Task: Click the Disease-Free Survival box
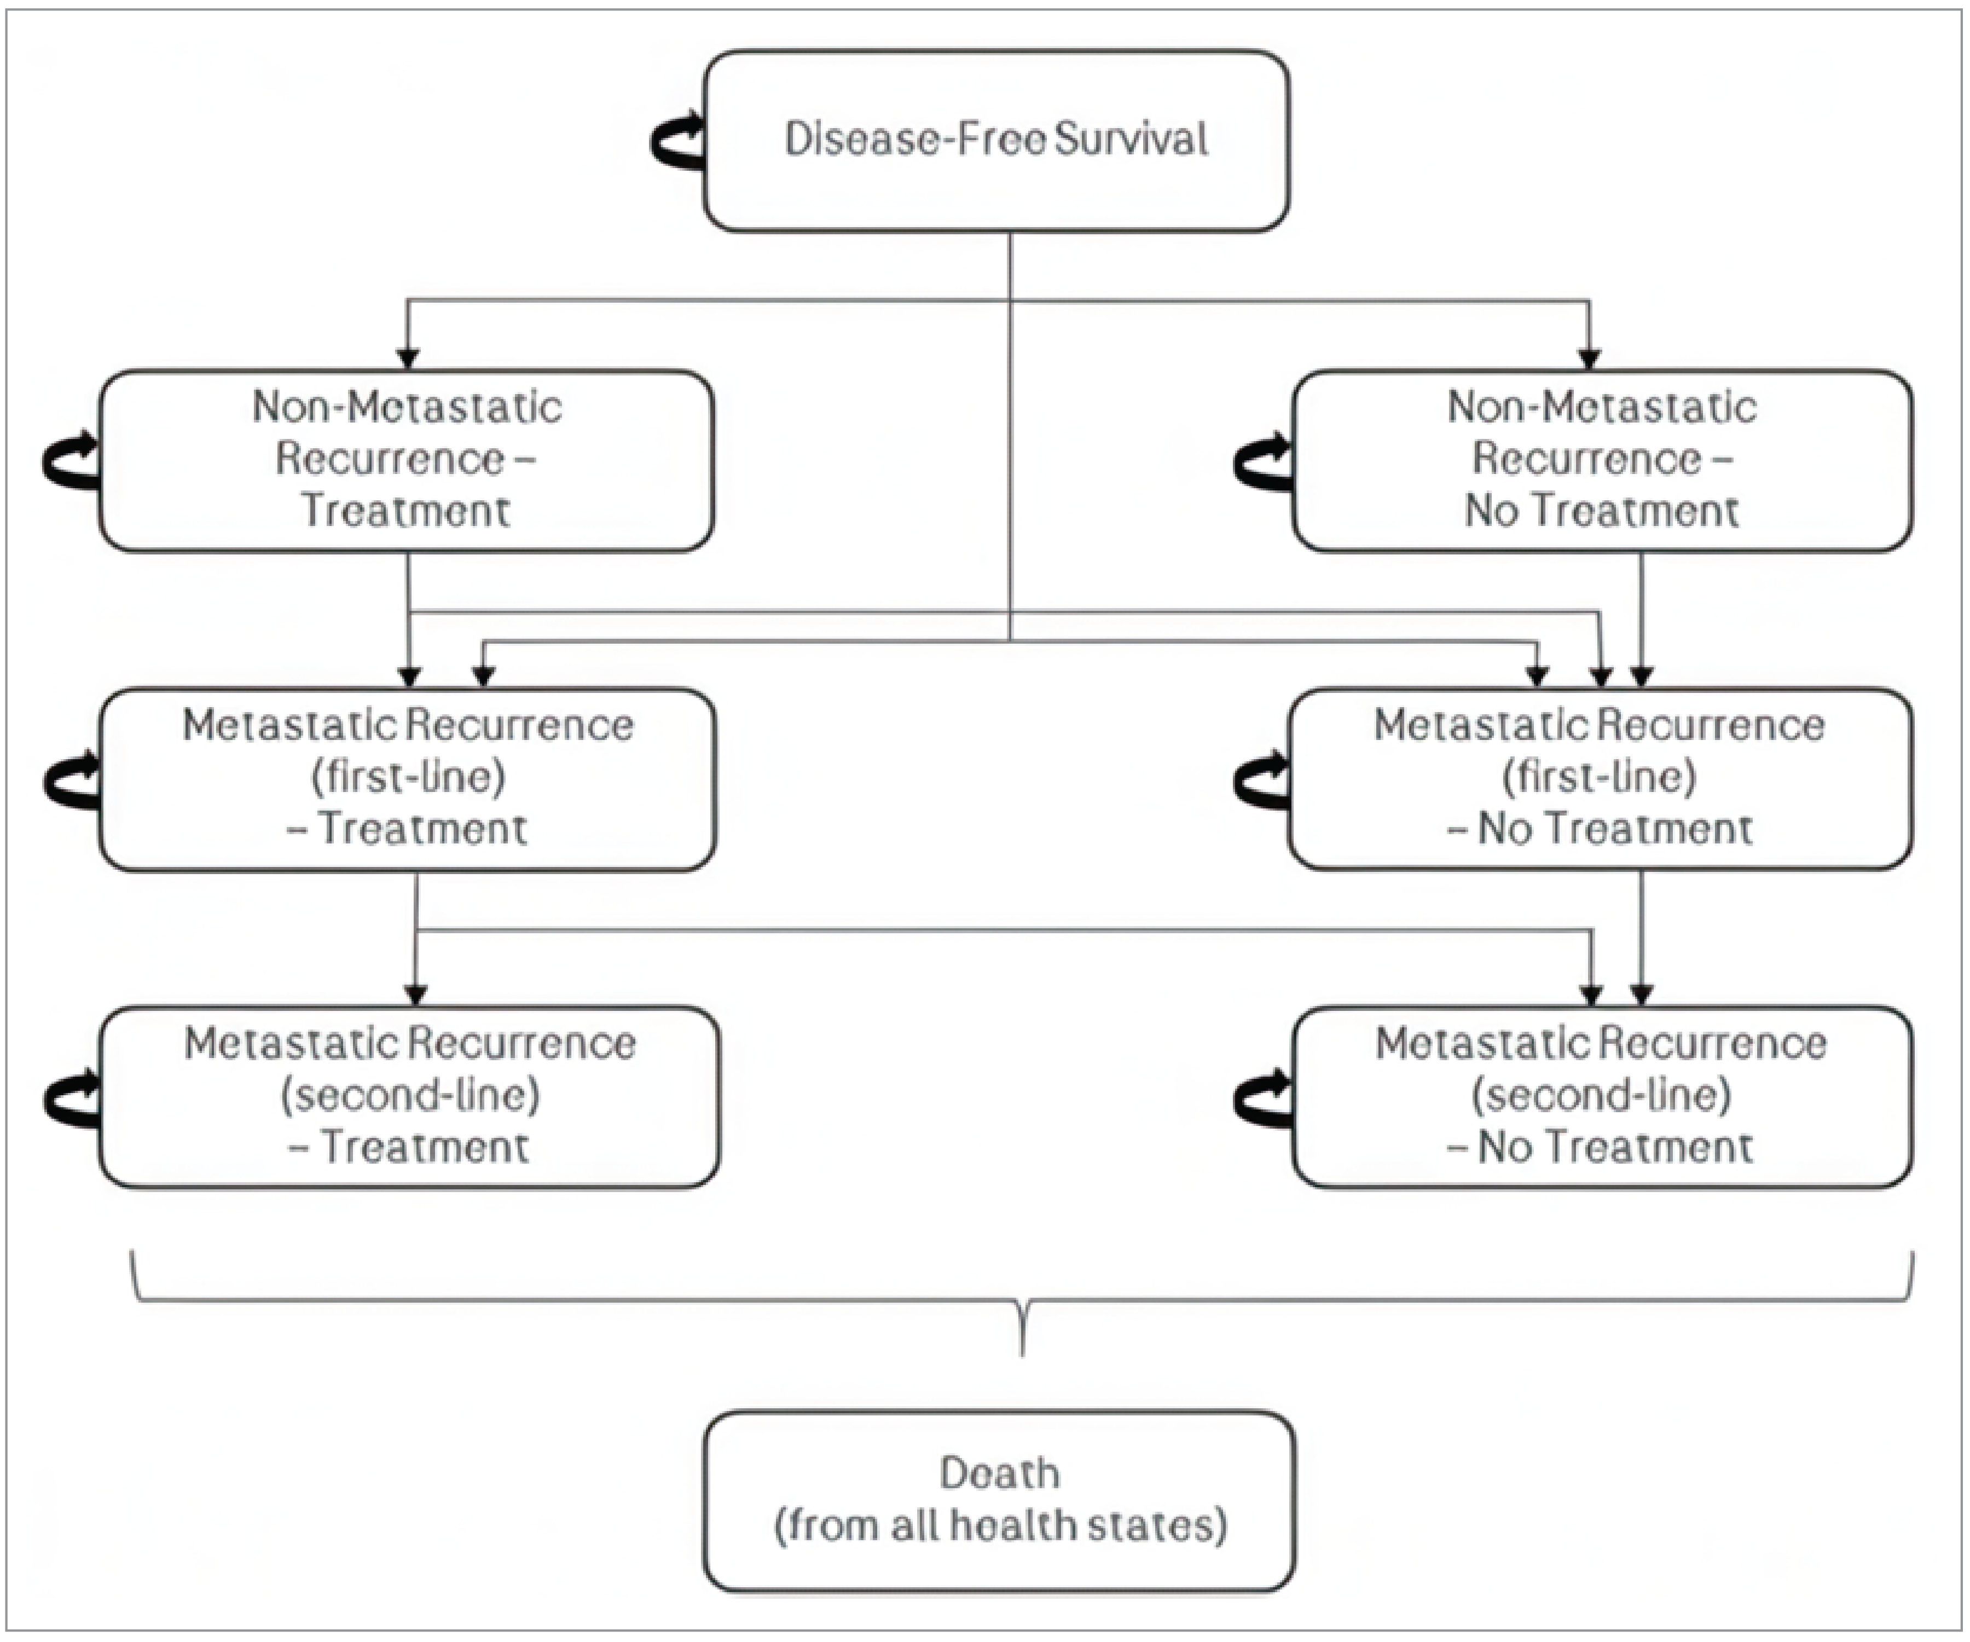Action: click(x=996, y=141)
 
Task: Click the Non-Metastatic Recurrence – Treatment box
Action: click(x=406, y=460)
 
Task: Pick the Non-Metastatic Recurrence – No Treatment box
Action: click(x=1601, y=460)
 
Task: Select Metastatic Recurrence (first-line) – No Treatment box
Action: click(x=1600, y=779)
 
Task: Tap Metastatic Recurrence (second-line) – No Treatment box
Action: click(x=1601, y=1096)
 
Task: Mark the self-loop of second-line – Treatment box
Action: click(x=71, y=1098)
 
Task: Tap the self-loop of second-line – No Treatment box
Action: click(x=1262, y=1098)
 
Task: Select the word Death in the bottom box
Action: click(x=999, y=1472)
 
